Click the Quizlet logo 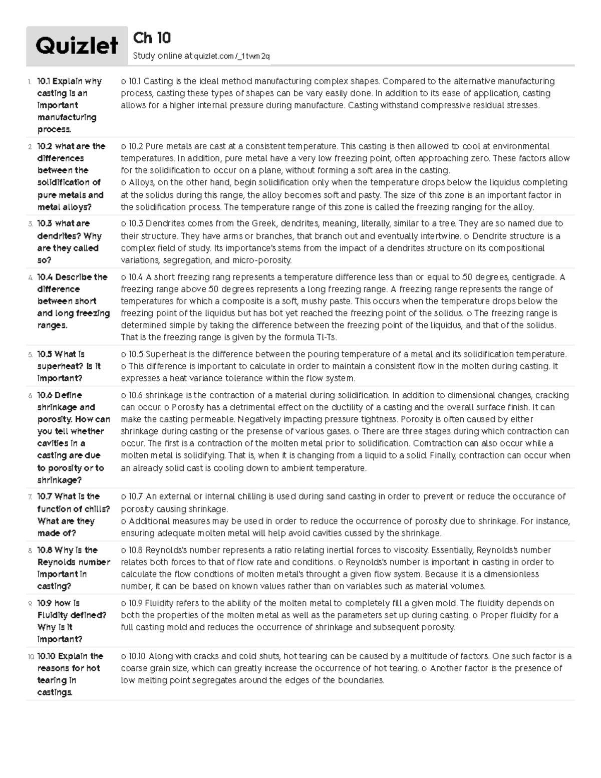pyautogui.click(x=77, y=46)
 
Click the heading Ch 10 pyautogui.click(x=152, y=38)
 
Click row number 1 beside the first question pyautogui.click(x=30, y=82)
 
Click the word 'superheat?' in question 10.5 pyautogui.click(x=60, y=366)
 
